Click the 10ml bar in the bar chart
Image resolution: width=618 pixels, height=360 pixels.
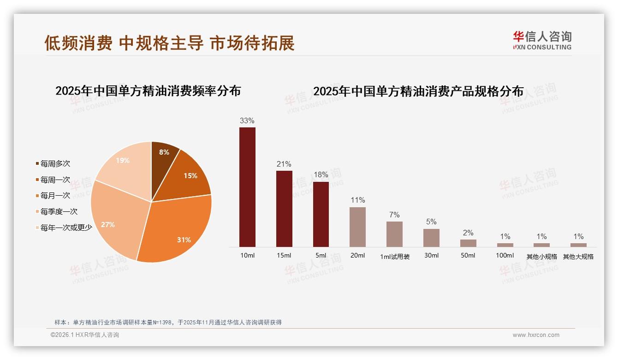coord(247,187)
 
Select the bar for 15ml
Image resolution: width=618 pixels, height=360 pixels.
coord(284,209)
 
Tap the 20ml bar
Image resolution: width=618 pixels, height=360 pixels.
coord(357,227)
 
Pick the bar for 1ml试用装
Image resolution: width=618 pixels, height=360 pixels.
coord(394,234)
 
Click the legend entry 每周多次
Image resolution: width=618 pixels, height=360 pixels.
coord(55,164)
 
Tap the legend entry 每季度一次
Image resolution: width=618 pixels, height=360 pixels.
coord(59,212)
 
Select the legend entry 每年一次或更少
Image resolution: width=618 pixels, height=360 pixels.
coord(66,228)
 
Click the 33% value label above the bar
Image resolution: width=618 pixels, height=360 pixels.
coord(247,121)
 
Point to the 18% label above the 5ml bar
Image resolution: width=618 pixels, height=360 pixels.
coord(321,175)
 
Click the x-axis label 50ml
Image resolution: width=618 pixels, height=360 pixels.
coord(468,256)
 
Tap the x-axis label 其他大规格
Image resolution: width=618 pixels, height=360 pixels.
coord(578,257)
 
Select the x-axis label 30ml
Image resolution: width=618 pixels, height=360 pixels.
coord(431,256)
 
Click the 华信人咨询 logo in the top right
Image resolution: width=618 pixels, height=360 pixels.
coord(542,40)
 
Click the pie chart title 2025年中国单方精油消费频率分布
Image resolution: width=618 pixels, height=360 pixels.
coord(148,91)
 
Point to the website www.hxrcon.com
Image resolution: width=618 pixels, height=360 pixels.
coord(536,335)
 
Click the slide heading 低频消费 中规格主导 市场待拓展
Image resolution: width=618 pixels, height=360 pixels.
coord(169,43)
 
